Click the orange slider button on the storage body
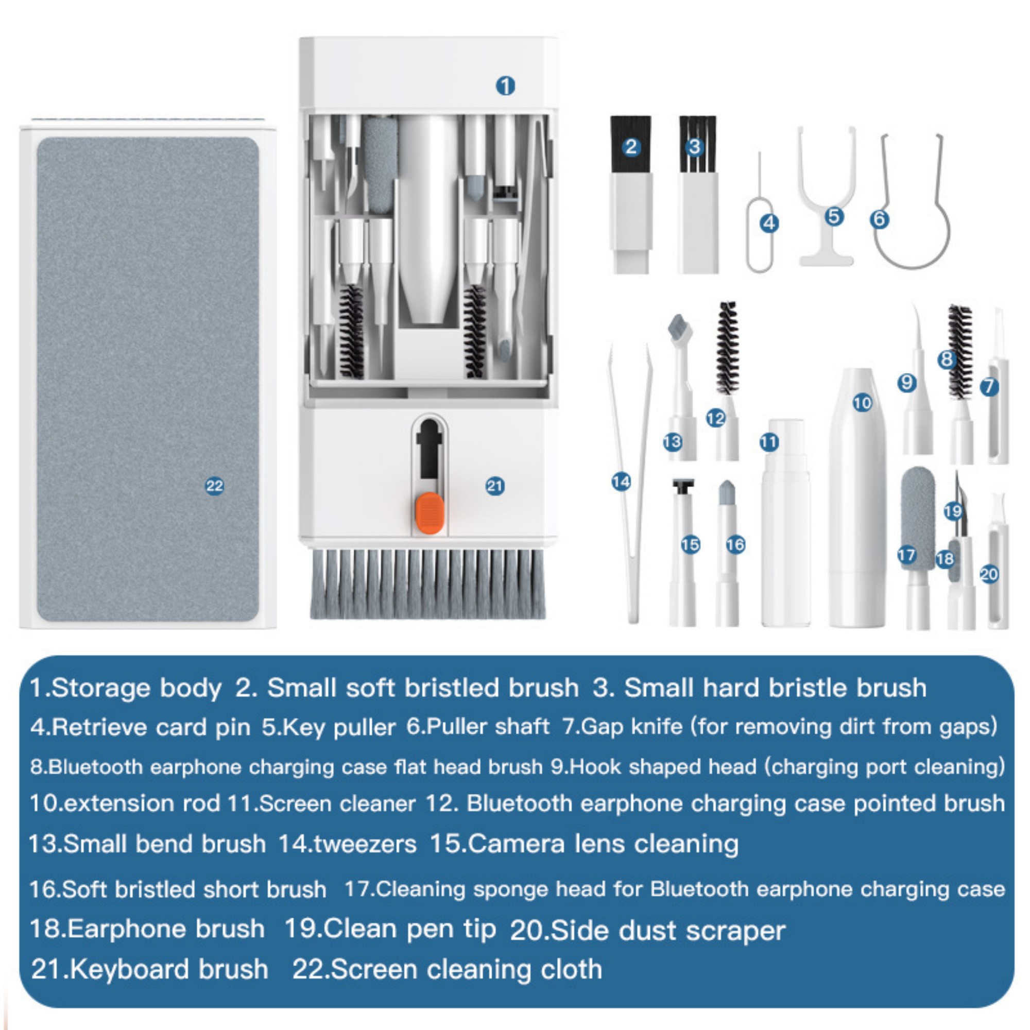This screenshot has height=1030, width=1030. click(x=429, y=513)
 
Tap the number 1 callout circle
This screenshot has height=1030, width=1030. click(x=505, y=85)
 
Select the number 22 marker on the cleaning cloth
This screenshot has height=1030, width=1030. click(x=215, y=486)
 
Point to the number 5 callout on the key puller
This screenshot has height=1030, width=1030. click(x=834, y=216)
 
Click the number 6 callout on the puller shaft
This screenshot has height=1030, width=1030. click(x=879, y=218)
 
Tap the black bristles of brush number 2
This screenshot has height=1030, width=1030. click(x=631, y=144)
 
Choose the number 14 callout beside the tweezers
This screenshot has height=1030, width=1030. click(x=621, y=482)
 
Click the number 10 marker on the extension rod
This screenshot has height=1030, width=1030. click(x=862, y=403)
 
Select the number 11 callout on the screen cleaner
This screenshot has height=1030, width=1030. click(x=769, y=441)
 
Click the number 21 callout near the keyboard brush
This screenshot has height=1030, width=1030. click(x=495, y=486)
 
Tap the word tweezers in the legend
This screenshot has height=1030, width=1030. click(x=365, y=844)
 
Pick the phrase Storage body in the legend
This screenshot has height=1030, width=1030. click(x=136, y=688)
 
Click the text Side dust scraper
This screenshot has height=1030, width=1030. click(x=667, y=931)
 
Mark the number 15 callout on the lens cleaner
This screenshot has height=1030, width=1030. click(x=691, y=544)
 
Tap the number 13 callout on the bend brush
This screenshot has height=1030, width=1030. click(x=672, y=441)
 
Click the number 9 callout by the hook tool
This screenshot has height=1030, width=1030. click(x=907, y=382)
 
